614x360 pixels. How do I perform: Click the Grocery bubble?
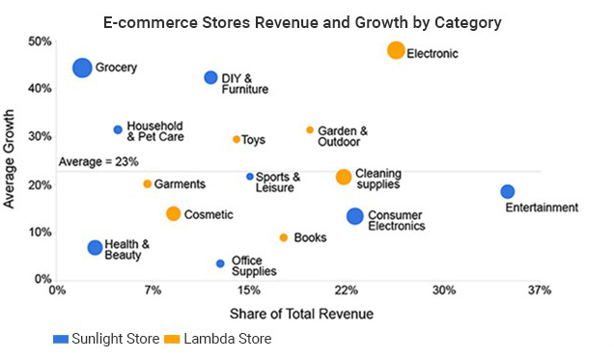click(x=82, y=68)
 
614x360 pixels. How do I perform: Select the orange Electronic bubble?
click(x=396, y=50)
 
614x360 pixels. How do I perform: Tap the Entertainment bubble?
click(x=508, y=191)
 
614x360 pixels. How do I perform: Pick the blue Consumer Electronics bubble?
click(x=355, y=216)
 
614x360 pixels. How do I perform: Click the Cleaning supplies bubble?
click(x=344, y=177)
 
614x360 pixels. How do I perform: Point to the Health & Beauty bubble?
click(x=95, y=248)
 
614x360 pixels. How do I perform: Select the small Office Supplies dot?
click(x=220, y=263)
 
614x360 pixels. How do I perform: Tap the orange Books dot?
click(x=284, y=237)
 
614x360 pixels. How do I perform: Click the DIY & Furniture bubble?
click(x=210, y=77)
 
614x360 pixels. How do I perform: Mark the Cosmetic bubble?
click(x=173, y=214)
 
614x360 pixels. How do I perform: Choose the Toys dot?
click(x=237, y=139)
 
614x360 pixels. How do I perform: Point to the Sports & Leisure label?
click(x=278, y=182)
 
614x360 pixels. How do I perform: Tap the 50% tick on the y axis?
click(x=39, y=42)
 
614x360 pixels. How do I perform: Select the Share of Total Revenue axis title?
click(x=301, y=314)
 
